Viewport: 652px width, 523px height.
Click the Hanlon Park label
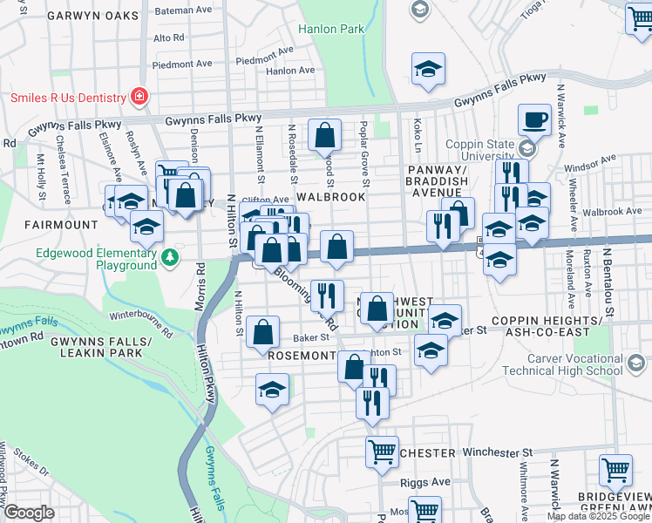coord(331,29)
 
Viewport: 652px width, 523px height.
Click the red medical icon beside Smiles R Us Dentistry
coord(138,95)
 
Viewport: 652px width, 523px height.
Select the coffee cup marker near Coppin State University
coord(533,119)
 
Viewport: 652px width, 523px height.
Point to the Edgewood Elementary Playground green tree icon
coord(171,257)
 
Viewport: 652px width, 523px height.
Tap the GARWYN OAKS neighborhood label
coord(93,16)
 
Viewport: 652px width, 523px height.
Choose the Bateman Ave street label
coord(184,10)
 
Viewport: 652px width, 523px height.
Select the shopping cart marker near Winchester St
coord(382,452)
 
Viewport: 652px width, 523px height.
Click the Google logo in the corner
coord(29,513)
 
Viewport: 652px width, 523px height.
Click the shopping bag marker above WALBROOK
coord(324,135)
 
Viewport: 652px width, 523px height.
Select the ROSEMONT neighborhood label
coord(302,356)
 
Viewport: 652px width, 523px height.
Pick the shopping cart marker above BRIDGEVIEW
coord(615,470)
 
